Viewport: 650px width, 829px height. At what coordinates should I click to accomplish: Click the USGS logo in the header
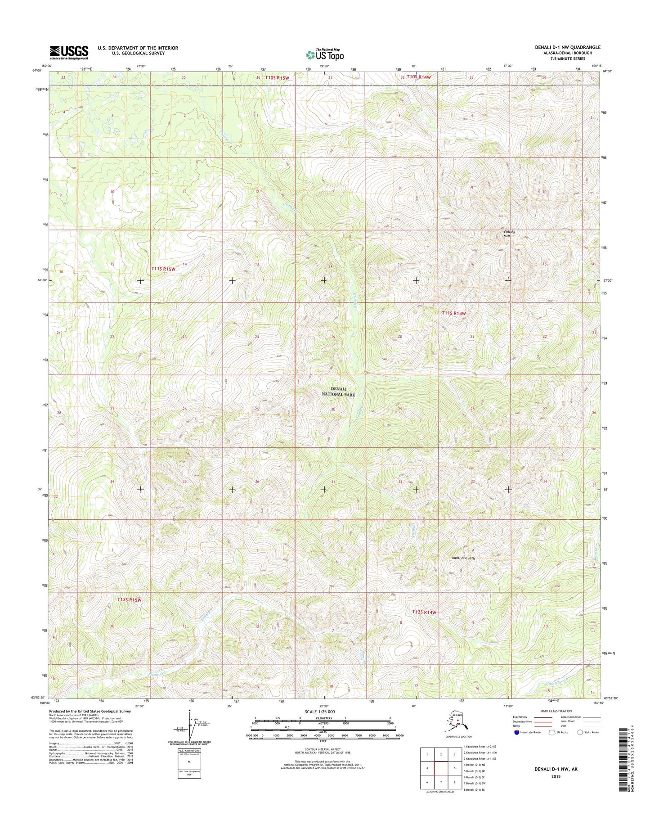coord(69,52)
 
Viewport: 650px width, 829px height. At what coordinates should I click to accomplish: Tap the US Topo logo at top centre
coord(325,54)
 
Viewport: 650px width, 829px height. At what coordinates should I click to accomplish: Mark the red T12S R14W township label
coord(424,612)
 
